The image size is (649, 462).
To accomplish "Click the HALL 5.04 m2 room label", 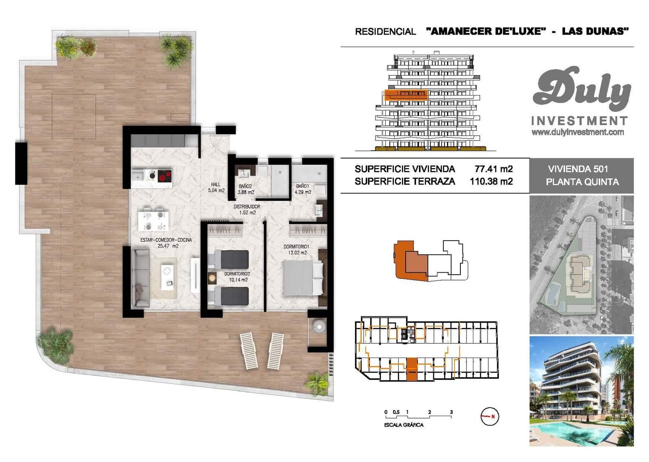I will tap(216, 187).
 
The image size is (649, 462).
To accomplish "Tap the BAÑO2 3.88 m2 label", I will tap(246, 189).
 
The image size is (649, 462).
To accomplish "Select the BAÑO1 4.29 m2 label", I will tap(303, 189).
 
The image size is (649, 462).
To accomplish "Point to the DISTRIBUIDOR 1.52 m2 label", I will tap(247, 209).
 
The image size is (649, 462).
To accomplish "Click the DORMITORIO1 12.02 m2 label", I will tap(297, 249).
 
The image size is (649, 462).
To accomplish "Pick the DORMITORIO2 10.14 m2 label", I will tap(237, 277).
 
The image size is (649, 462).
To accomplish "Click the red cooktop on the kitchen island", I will tap(164, 176).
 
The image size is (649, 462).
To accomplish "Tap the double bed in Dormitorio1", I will tap(302, 278).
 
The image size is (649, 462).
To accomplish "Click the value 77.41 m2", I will tap(493, 169).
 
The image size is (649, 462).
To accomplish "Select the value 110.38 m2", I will tap(491, 181).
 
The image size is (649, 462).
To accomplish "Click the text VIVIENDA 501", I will tap(578, 169).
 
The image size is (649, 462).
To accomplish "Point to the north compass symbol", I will tap(490, 416).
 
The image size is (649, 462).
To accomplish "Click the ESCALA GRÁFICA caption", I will tap(404, 425).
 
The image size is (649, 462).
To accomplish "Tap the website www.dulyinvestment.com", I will tap(578, 132).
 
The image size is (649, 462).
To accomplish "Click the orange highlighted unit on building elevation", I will tap(406, 95).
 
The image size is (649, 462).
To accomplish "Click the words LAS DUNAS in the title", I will tap(595, 31).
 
